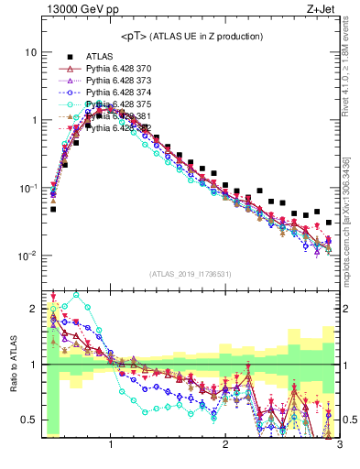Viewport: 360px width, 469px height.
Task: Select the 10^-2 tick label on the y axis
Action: pyautogui.click(x=27, y=256)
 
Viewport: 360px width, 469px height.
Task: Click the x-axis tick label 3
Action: pyautogui.click(x=339, y=444)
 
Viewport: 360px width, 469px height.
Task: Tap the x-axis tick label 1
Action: pyautogui.click(x=111, y=444)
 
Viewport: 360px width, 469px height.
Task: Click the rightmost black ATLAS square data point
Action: pyautogui.click(x=329, y=222)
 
